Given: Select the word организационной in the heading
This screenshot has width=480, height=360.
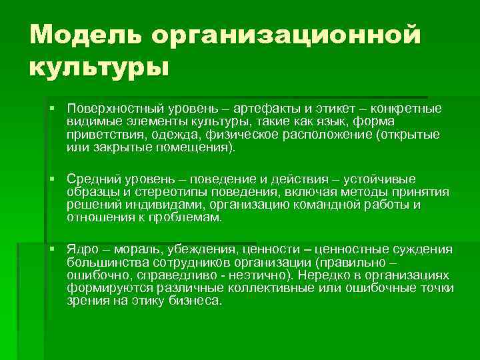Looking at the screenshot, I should click(x=287, y=37).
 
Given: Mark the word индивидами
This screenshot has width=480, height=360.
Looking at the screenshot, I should click(x=165, y=205).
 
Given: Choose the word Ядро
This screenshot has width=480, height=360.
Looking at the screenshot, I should click(x=82, y=249).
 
